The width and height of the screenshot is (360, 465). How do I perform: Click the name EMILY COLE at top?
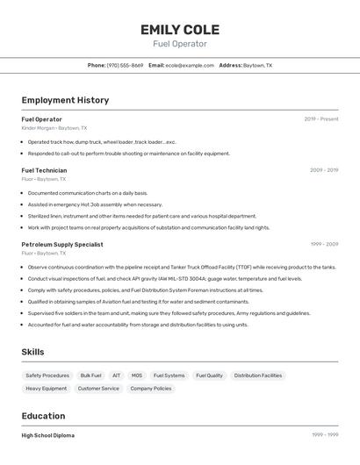coord(180,30)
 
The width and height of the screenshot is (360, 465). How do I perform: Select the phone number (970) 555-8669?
coord(126,65)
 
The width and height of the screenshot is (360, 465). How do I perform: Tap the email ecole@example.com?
coord(191,65)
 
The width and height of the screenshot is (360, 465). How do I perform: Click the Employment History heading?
coord(65,100)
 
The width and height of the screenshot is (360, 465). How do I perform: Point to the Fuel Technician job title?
coord(44,170)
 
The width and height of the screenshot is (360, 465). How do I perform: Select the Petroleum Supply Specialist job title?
coord(62,245)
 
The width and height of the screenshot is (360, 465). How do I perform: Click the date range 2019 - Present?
coord(321,119)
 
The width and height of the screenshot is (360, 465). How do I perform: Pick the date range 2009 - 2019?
coord(324,170)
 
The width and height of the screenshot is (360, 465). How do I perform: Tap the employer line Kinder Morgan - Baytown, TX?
coord(54,128)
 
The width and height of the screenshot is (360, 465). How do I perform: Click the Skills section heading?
coord(33,352)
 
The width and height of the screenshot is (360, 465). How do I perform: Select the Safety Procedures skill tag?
coord(47,376)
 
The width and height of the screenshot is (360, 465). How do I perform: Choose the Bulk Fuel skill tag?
coord(91,376)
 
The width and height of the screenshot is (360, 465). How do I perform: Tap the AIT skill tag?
coord(117,376)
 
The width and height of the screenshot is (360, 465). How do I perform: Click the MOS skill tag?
coord(137,376)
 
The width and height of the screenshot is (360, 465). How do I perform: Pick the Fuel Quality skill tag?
coord(209,376)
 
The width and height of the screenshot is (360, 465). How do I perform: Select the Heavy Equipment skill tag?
coord(47,388)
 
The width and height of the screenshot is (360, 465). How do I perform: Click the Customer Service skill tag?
coord(98,388)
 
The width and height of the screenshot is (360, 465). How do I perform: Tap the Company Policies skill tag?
coord(151,388)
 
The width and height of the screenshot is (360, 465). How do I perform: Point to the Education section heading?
coord(43,416)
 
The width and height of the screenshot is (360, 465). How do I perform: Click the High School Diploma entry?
coord(48,435)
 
